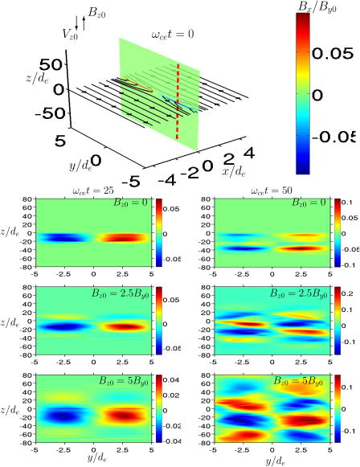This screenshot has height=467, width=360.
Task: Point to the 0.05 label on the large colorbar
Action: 333,54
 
